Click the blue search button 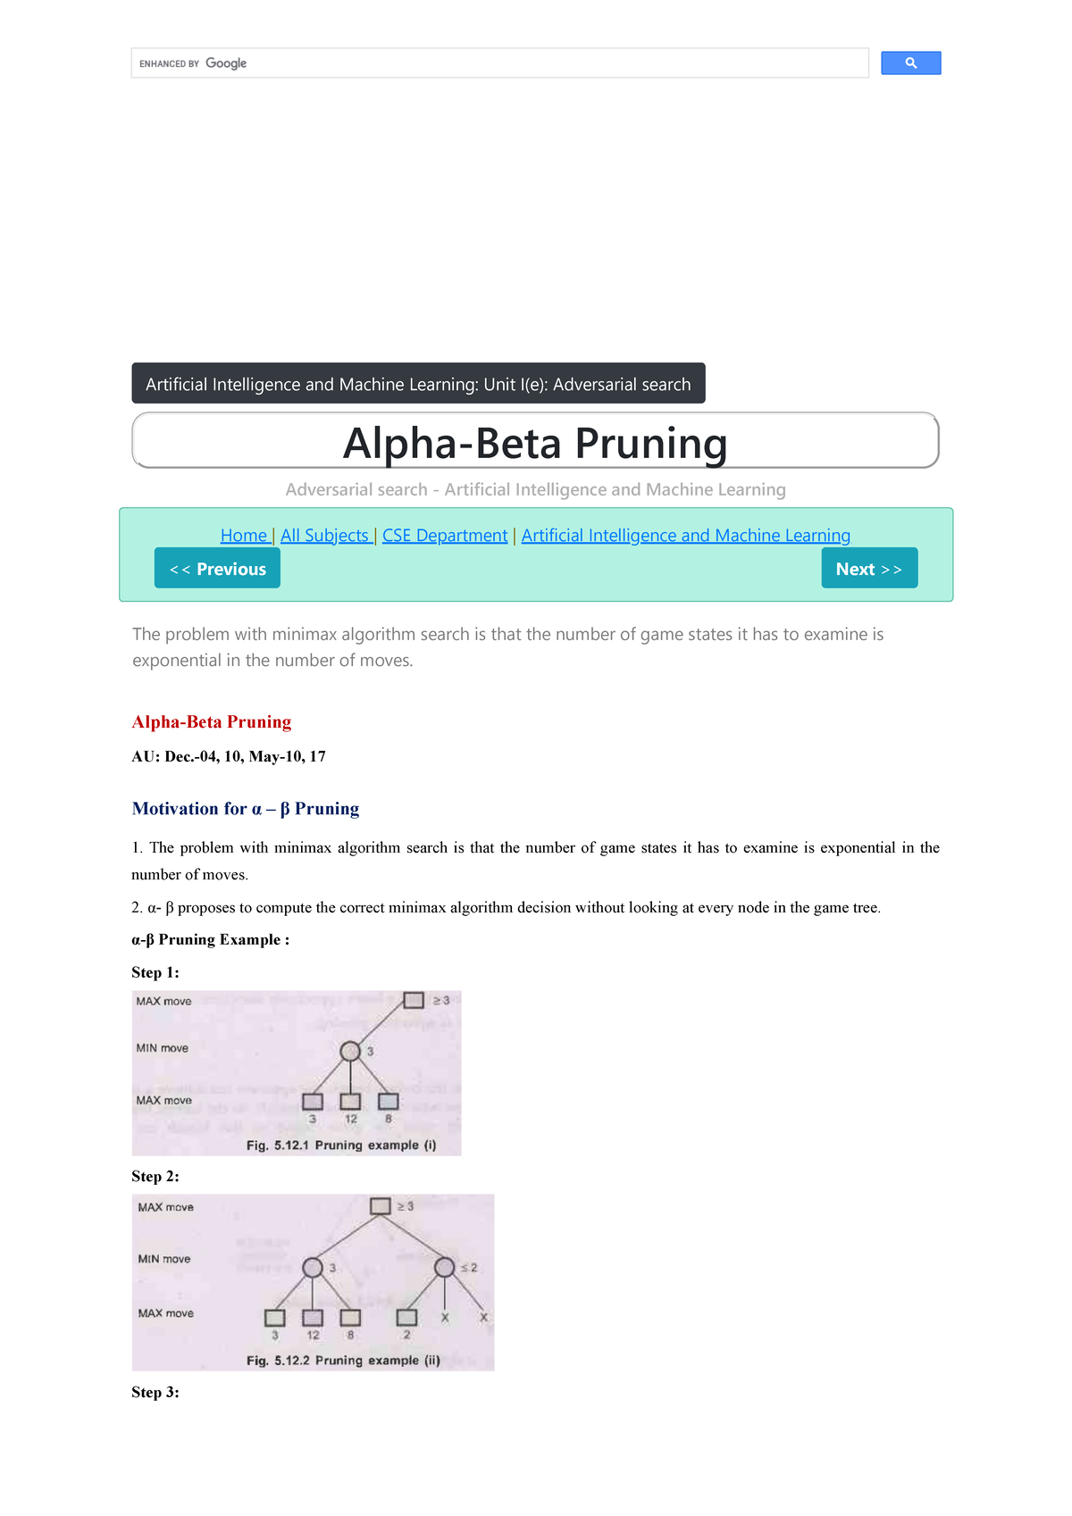tap(910, 63)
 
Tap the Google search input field tap(536, 63)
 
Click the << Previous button tap(217, 569)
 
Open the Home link tap(244, 536)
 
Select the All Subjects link tap(324, 536)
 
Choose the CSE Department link tap(445, 536)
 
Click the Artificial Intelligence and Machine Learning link tap(685, 536)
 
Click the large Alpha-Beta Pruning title tap(535, 443)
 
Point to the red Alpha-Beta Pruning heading tap(212, 722)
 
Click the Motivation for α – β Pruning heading tap(246, 809)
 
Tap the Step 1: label tap(155, 973)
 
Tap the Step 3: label tap(155, 1393)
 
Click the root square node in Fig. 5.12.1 tap(414, 1001)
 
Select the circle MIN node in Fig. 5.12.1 tap(350, 1052)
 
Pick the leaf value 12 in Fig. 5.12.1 tap(351, 1120)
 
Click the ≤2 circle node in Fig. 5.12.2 tap(444, 1268)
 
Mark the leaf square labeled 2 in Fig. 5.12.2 tap(406, 1318)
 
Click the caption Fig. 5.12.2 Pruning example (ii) tap(343, 1361)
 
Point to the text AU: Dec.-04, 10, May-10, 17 tap(229, 757)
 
